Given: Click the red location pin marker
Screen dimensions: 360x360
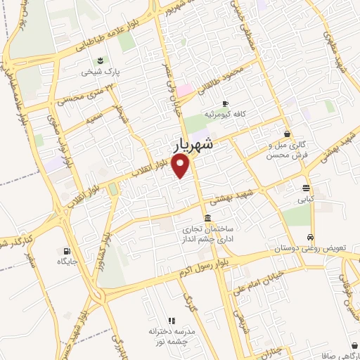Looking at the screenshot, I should (182, 166).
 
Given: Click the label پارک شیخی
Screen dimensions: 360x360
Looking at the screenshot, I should (96, 72).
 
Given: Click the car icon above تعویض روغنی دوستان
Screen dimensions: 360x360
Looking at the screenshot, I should (310, 237).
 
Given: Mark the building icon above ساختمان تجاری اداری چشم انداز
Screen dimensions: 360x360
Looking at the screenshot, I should (207, 218).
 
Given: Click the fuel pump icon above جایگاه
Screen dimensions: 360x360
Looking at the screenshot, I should (67, 251).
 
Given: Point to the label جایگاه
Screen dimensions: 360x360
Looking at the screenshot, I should (70, 262).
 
